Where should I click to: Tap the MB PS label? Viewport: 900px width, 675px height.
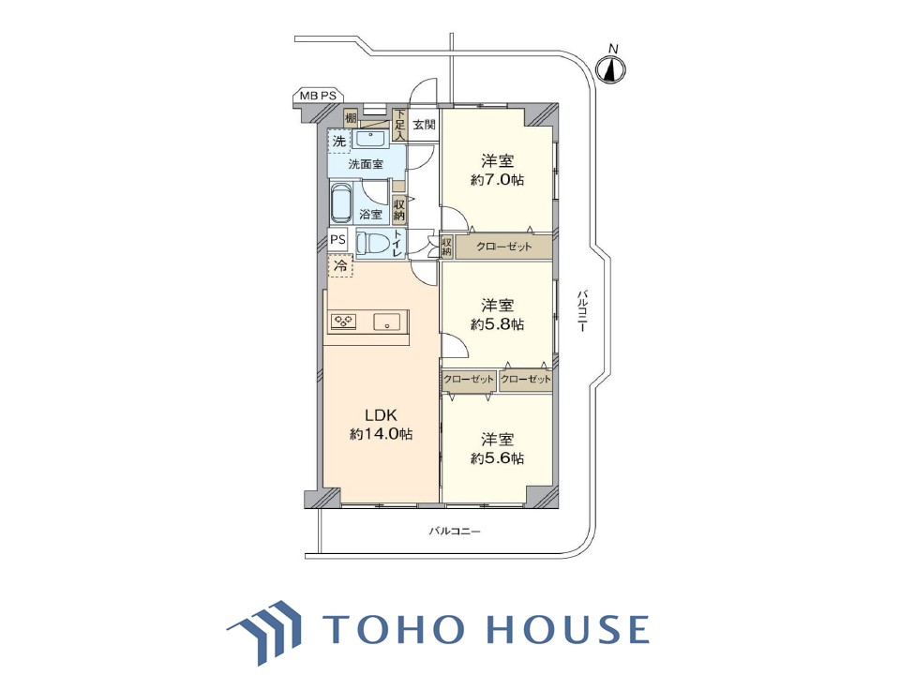point(318,96)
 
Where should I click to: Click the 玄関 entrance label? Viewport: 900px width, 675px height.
point(424,125)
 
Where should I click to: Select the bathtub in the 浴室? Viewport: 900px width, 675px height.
point(341,202)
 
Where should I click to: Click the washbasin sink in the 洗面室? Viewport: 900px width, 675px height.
point(371,140)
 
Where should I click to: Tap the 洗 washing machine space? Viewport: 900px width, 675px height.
point(339,141)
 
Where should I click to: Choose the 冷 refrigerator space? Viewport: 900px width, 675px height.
point(340,265)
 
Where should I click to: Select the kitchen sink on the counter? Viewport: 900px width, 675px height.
point(387,322)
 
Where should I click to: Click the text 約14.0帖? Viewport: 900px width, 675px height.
point(382,434)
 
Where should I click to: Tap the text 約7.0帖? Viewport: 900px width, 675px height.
point(497,180)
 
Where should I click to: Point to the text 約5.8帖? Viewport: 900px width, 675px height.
point(497,324)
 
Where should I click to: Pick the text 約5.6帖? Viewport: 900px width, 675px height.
point(497,458)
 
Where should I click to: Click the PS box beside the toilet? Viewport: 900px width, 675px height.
point(338,239)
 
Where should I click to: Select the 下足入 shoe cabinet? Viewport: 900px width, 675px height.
point(400,125)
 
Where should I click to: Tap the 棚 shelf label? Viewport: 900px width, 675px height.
point(350,118)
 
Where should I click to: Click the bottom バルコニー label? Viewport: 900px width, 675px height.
point(455,531)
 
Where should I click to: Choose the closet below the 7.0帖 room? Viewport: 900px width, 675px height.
point(503,247)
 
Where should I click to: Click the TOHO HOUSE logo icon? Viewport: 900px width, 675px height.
point(265,631)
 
